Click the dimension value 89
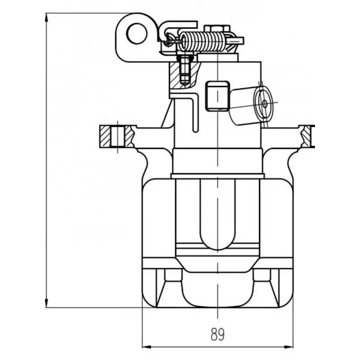point(217,334)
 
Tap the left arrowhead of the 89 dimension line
point(145,347)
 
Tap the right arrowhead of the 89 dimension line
point(290,347)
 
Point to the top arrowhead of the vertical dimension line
point(47,16)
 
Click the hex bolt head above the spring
point(215,28)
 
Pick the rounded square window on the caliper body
point(217,95)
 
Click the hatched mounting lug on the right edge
point(307,136)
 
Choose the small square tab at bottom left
point(171,274)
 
